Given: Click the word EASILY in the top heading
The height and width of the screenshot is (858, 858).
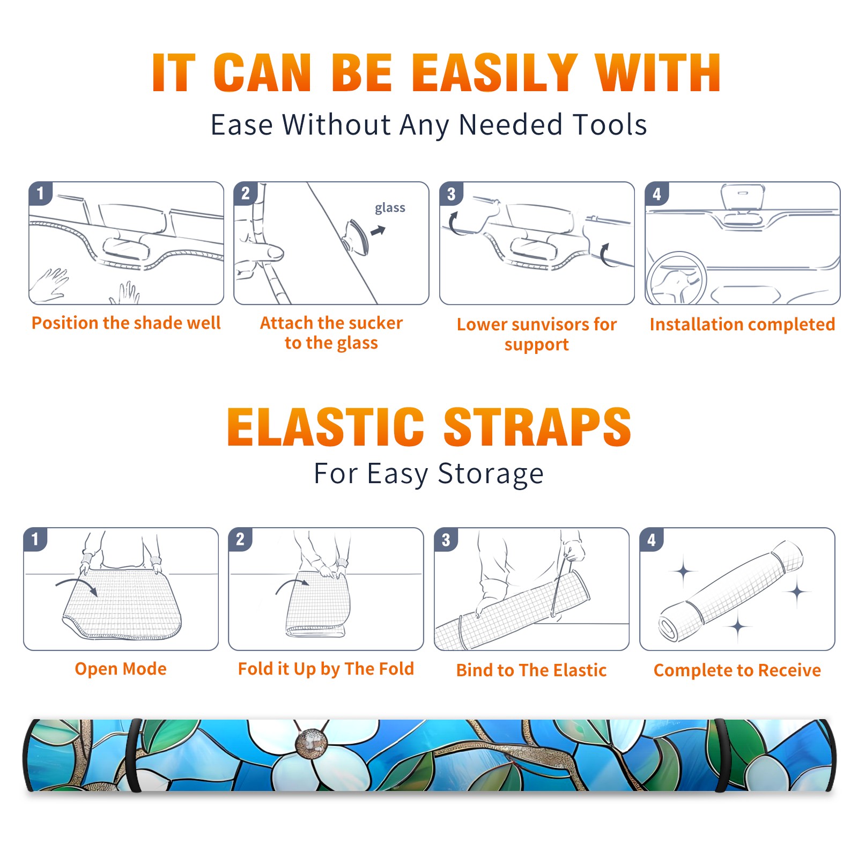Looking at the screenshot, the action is click(x=494, y=73).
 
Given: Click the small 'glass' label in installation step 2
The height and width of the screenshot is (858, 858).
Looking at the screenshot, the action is click(x=390, y=208).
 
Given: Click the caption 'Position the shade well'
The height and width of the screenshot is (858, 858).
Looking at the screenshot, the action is click(x=126, y=323).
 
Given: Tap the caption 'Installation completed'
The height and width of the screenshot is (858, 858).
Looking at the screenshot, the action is click(x=742, y=324).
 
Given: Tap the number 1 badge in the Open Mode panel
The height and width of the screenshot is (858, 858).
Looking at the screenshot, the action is click(x=35, y=539).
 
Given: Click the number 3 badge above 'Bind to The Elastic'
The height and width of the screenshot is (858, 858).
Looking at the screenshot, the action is click(x=446, y=539).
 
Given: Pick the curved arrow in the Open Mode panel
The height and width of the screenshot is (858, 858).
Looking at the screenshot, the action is click(x=77, y=586).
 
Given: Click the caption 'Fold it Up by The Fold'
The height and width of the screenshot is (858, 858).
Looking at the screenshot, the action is click(x=326, y=669).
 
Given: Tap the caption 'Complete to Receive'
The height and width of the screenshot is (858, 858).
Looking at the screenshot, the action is click(x=737, y=670).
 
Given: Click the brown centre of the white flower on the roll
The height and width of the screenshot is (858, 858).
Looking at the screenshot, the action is click(x=312, y=743).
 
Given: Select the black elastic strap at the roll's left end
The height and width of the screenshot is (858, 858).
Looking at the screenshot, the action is click(x=133, y=756).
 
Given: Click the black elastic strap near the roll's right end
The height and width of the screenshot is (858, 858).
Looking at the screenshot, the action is click(x=722, y=756).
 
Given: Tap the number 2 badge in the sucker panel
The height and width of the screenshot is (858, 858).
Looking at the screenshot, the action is click(x=246, y=193).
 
